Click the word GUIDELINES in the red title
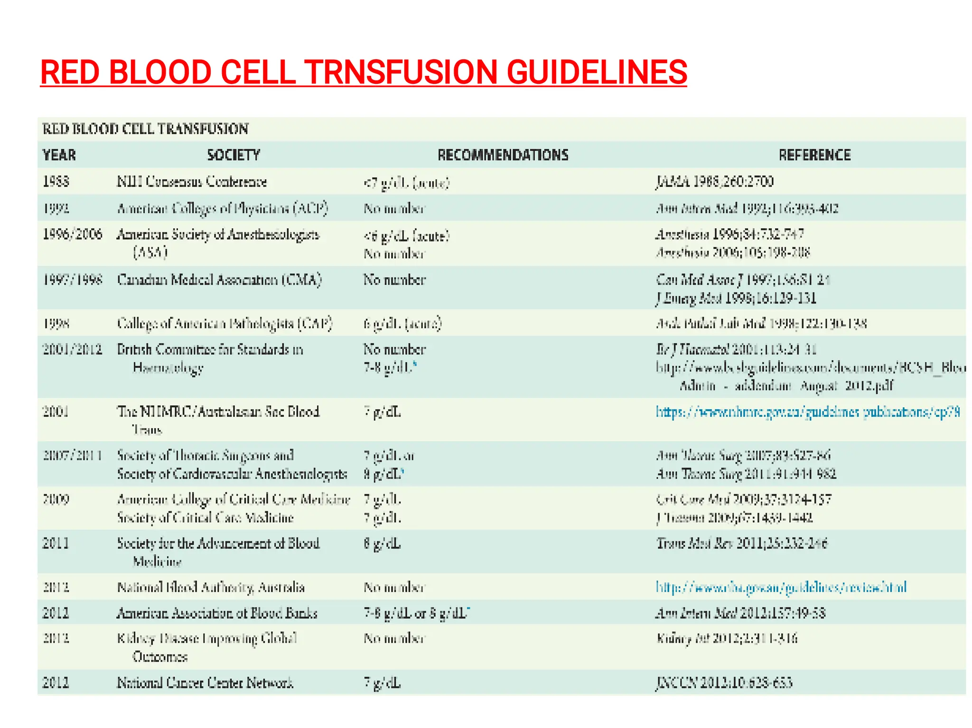597,73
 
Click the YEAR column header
59,155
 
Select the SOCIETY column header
234,155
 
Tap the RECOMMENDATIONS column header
503,155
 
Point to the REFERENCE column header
814,155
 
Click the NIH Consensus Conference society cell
192,182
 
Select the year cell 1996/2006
72,234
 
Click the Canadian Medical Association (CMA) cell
219,280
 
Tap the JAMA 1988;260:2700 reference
715,182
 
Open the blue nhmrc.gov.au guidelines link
807,412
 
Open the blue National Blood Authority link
781,588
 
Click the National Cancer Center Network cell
205,683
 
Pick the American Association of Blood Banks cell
217,613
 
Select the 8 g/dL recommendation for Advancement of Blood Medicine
382,544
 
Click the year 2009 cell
56,499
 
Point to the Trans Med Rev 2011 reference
742,544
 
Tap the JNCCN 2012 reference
724,683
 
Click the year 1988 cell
56,182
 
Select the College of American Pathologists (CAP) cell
224,323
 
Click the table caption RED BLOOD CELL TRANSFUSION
145,129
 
